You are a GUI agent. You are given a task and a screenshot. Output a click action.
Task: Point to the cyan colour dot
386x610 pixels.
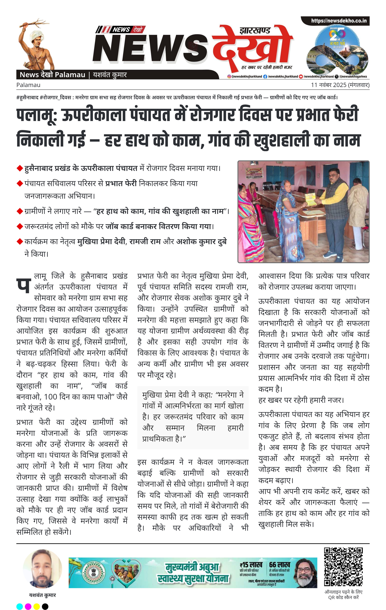[x=19, y=606]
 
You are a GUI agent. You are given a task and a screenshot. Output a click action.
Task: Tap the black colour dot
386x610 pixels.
[x=45, y=606]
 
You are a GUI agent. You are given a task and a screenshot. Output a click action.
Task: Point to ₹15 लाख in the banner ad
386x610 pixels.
[x=251, y=565]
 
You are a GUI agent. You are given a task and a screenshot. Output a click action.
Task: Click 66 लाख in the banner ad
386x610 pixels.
[x=279, y=565]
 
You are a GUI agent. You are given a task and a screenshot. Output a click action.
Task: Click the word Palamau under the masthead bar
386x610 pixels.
[x=28, y=85]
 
